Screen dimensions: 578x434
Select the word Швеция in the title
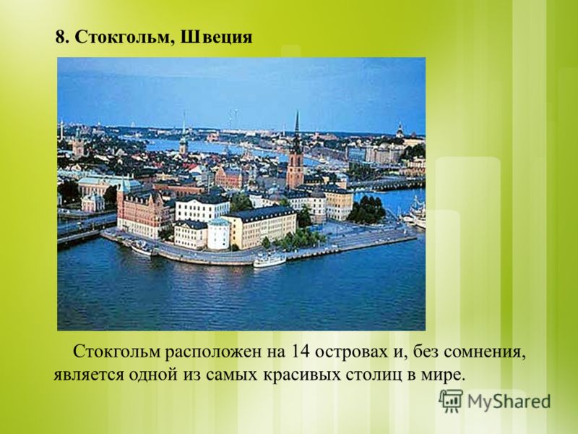[216, 38]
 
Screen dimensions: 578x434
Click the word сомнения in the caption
[484, 353]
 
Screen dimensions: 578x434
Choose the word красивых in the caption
[301, 375]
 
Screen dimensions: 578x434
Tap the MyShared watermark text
[509, 401]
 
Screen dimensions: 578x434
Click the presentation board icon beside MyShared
[451, 401]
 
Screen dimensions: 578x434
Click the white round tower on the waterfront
[219, 234]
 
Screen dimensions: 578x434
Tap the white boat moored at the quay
[269, 260]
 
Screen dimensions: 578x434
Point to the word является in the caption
[88, 375]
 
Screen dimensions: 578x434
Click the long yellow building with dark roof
[261, 227]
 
